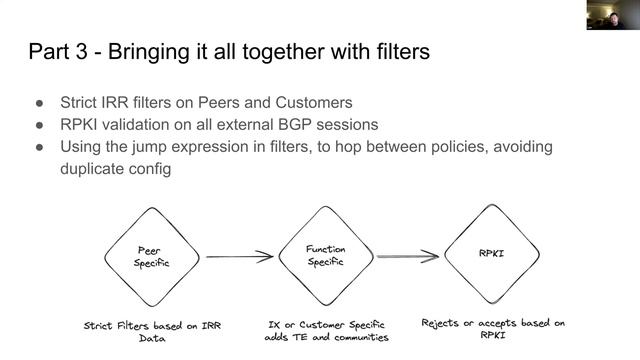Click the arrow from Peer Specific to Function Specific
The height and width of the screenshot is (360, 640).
[240, 257]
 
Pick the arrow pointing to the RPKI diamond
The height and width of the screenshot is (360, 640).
[408, 256]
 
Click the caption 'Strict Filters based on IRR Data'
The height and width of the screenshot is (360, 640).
[152, 332]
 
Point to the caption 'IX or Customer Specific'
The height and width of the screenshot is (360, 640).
[326, 325]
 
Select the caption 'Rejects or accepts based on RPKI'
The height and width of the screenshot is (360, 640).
[493, 329]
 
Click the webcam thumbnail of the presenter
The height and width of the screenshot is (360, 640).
[613, 15]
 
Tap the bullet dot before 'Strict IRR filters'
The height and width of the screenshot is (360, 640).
[40, 103]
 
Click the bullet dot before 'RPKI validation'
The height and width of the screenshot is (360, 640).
[40, 125]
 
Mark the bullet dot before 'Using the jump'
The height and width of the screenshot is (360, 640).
[40, 147]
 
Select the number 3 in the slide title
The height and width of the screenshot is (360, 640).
[81, 52]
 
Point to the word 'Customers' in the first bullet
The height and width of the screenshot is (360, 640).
[314, 102]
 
